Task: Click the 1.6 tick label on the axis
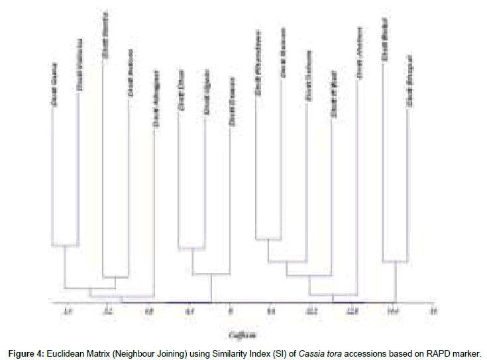point(66,311)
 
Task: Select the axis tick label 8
point(230,311)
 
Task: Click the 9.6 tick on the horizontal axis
point(271,311)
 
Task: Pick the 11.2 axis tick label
point(311,311)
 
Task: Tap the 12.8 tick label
point(352,311)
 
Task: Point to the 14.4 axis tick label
point(393,311)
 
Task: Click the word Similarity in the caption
point(213,350)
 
